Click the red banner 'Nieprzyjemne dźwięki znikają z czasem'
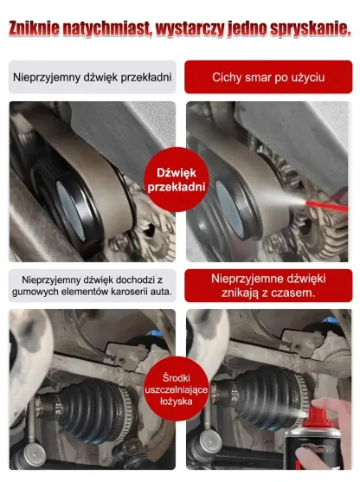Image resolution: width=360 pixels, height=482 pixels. coord(268,286)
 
